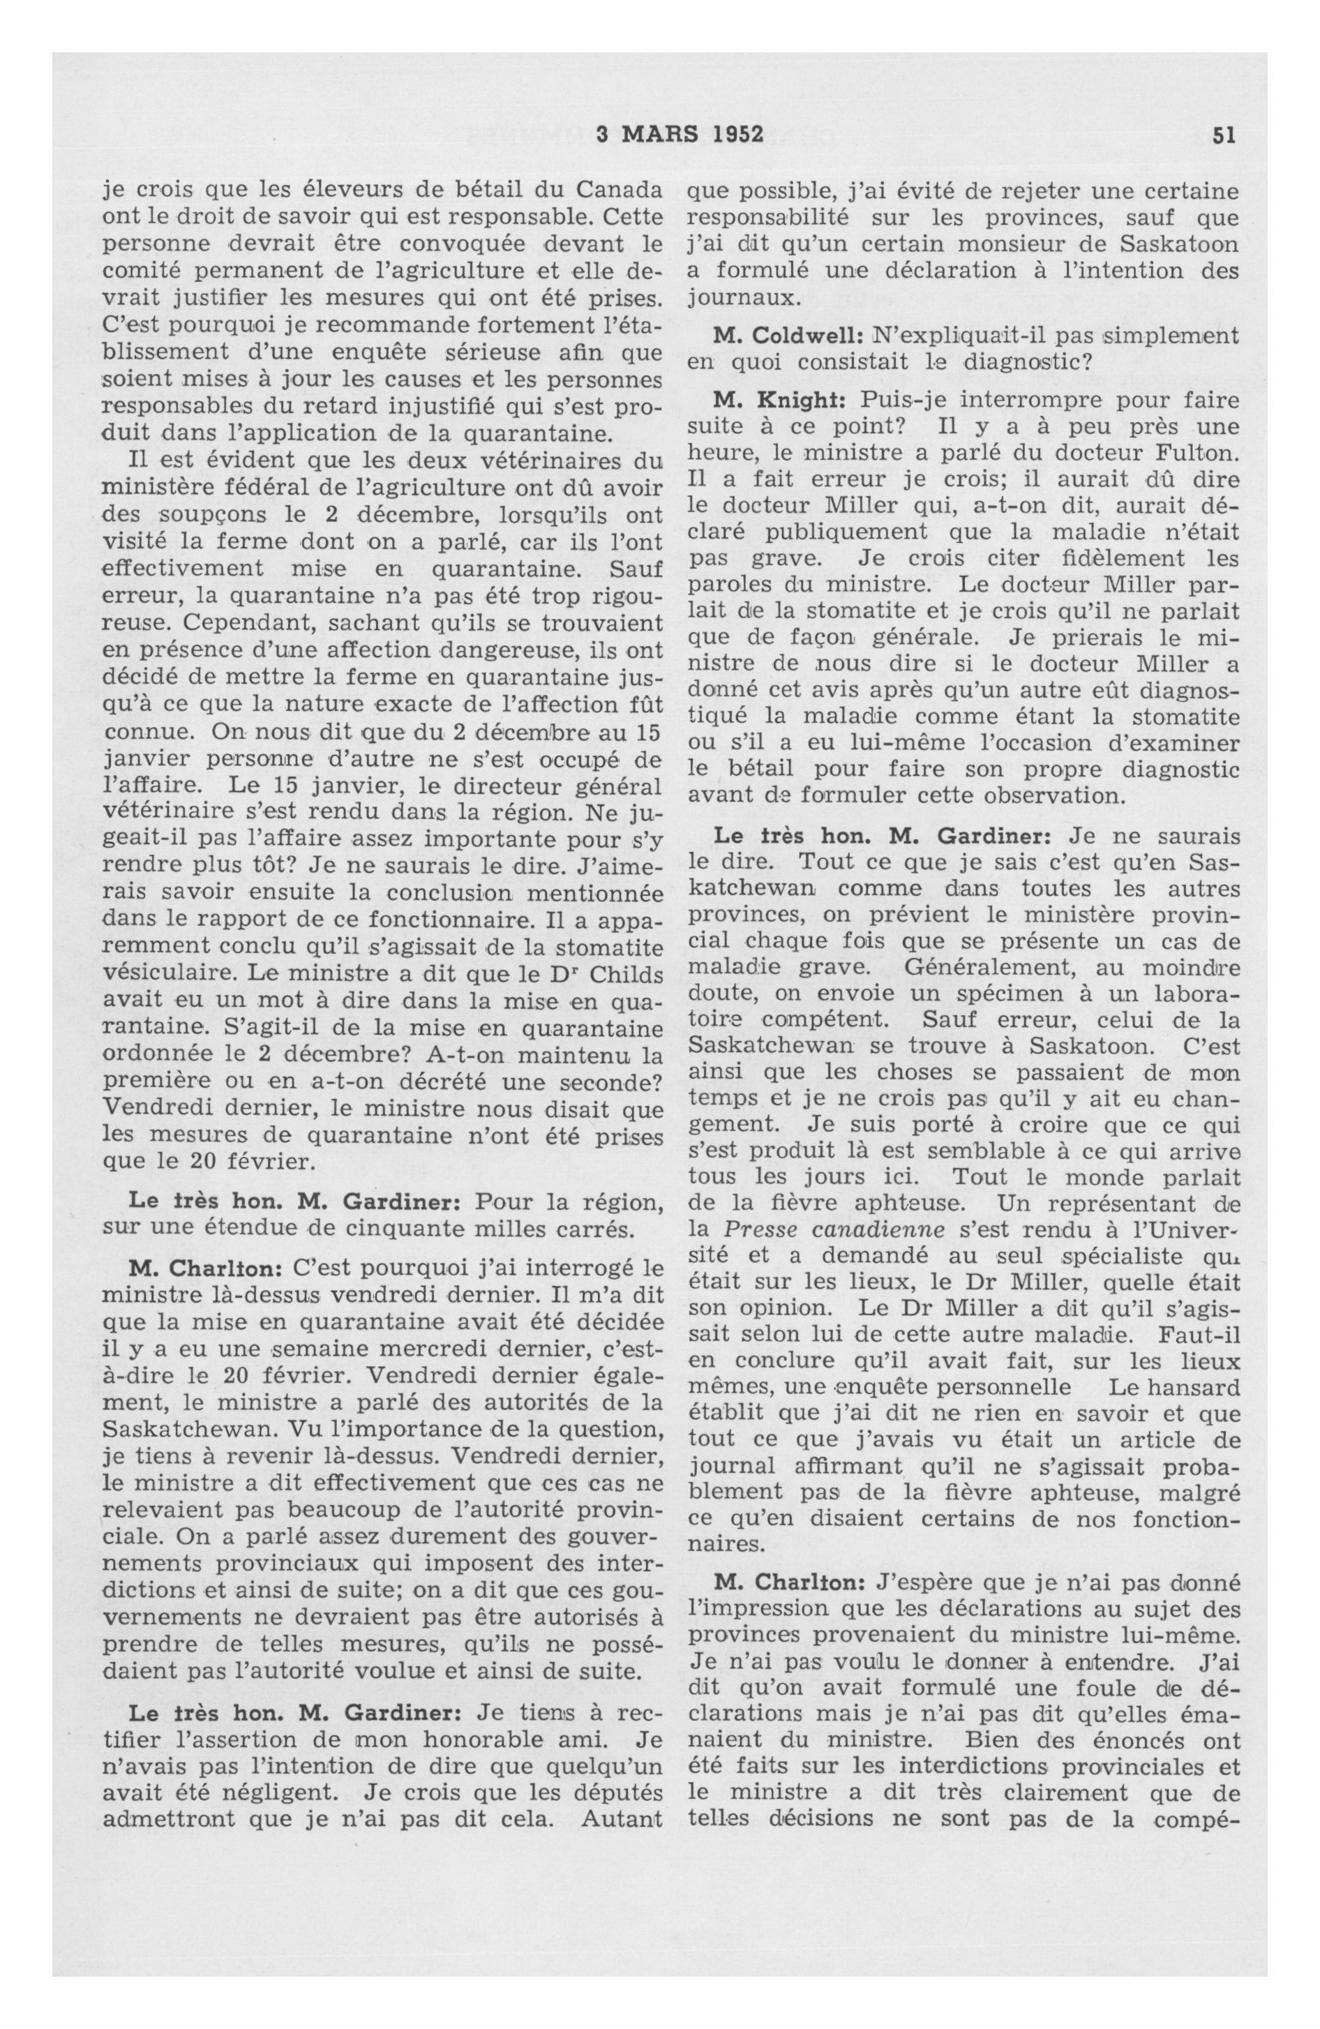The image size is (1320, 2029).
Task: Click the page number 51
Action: tap(1224, 135)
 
